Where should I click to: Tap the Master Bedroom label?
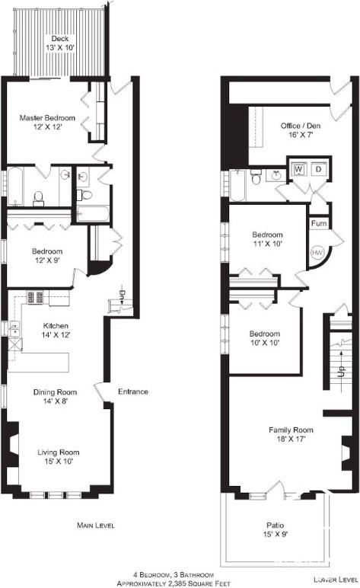click(47, 118)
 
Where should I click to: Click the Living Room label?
click(59, 452)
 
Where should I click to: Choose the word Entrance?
click(132, 392)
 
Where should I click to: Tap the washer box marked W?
click(298, 168)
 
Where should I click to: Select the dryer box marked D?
click(318, 168)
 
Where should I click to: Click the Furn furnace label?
click(318, 225)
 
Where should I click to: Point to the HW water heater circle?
click(317, 252)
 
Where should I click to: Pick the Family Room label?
click(291, 430)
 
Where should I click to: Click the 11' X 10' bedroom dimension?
click(267, 244)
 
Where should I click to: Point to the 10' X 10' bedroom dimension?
click(264, 344)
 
